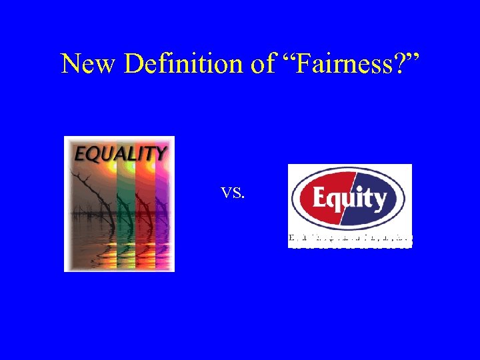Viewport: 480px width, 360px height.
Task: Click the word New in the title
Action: pos(84,64)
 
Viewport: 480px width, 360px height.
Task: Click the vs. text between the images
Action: pos(233,193)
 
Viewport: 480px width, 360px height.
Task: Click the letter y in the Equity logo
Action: pos(379,201)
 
